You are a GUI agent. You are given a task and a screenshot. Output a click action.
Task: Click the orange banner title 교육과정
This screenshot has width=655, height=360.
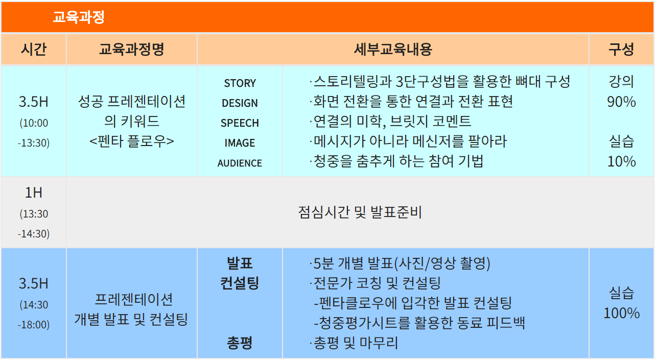(x=79, y=17)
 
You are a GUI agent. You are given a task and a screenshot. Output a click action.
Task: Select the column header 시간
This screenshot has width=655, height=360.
(x=34, y=49)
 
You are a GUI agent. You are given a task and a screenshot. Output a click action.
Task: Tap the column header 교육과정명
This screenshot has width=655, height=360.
(x=132, y=49)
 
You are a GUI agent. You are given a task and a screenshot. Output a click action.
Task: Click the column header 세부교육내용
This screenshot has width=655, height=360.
(x=393, y=49)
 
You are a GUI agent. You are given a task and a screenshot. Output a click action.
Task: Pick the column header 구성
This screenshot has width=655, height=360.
(x=621, y=49)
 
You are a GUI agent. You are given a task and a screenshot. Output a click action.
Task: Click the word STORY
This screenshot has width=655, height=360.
(x=240, y=83)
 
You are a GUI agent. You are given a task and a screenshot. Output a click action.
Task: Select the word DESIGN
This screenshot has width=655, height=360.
(x=240, y=103)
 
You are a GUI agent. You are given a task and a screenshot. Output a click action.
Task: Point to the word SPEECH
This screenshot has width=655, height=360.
(x=240, y=123)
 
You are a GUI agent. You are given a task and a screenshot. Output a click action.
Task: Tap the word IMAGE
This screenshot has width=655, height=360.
(x=240, y=143)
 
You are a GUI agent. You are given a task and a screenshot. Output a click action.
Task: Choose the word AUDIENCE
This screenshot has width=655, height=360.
(x=240, y=163)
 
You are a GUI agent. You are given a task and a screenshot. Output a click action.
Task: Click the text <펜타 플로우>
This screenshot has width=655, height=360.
(x=132, y=141)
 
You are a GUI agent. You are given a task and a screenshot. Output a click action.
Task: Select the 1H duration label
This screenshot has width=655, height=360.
(x=34, y=193)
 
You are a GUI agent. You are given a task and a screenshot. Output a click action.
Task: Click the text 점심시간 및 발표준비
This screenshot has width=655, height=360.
(x=360, y=212)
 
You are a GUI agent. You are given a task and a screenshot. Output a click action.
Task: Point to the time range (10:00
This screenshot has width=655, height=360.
(x=34, y=123)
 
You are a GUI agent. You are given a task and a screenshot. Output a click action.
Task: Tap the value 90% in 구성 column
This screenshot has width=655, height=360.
(x=621, y=102)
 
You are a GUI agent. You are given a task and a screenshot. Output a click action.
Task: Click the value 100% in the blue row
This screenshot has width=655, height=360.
(x=621, y=313)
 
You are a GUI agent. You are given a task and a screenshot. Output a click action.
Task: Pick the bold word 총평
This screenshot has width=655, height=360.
(x=240, y=343)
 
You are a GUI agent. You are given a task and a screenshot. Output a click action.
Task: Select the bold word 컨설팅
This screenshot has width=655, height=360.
(x=240, y=283)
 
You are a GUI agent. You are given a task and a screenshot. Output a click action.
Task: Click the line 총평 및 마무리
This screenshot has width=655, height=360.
(x=354, y=343)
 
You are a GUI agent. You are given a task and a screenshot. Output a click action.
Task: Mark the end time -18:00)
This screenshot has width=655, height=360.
(x=34, y=325)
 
